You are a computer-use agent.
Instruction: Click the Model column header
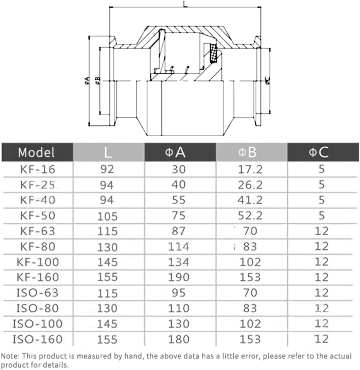click(36, 152)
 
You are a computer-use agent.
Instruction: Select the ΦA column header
click(176, 152)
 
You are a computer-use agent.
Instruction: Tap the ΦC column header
click(319, 152)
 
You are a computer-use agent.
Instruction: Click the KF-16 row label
click(38, 170)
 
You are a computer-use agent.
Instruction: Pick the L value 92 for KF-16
click(107, 170)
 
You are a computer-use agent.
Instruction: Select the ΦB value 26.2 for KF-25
click(250, 185)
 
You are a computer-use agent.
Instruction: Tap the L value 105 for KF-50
click(107, 216)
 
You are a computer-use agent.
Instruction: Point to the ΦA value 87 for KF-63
click(179, 231)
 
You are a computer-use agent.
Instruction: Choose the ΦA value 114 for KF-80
click(179, 247)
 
